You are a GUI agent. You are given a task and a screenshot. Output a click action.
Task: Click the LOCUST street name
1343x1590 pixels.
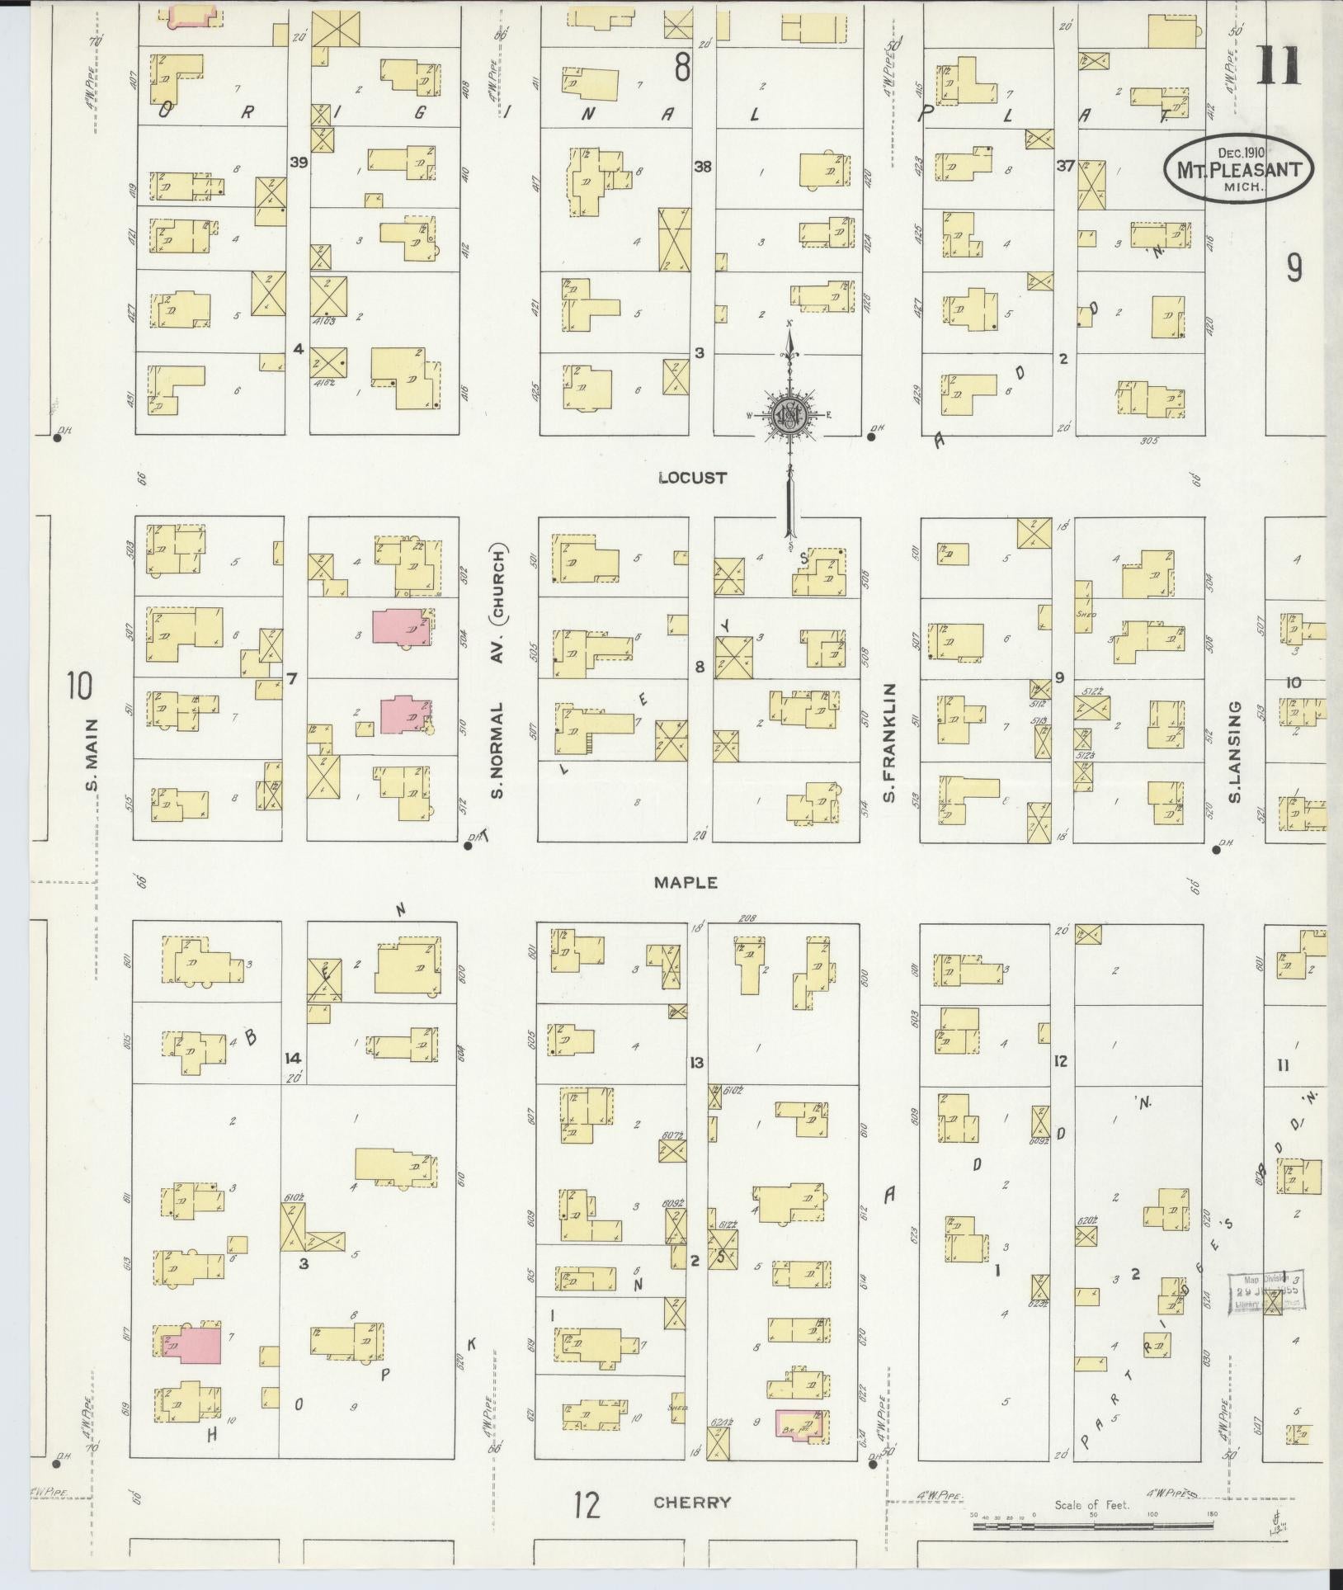pyautogui.click(x=681, y=477)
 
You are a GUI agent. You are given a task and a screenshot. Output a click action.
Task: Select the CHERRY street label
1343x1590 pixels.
pyautogui.click(x=692, y=1503)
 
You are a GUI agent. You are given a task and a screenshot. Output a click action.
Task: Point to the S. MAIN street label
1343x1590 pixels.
pyautogui.click(x=92, y=754)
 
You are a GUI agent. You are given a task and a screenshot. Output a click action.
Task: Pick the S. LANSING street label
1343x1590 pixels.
pyautogui.click(x=1235, y=751)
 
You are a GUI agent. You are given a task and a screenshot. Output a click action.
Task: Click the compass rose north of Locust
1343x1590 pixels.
pyautogui.click(x=789, y=416)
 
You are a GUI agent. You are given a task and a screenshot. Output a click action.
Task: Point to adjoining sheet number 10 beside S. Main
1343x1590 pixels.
pyautogui.click(x=80, y=685)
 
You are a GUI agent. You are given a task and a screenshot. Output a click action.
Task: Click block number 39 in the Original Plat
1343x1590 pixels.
pyautogui.click(x=298, y=163)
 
